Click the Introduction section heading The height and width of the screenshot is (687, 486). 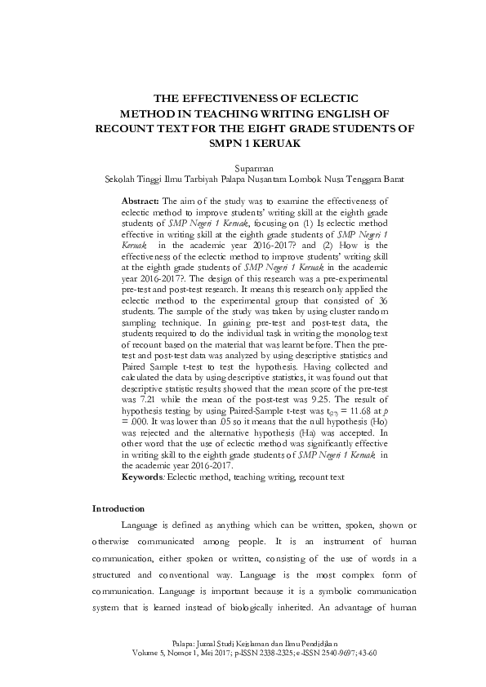tap(118, 508)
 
